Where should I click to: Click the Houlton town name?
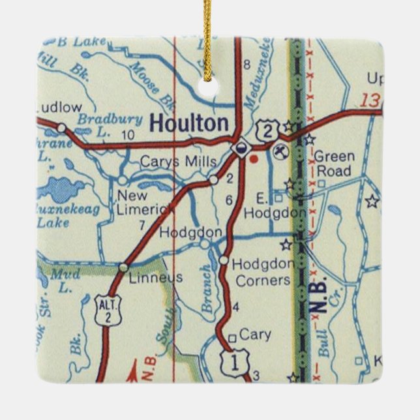coord(189,123)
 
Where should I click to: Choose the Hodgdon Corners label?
coord(262,272)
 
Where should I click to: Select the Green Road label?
coord(335,163)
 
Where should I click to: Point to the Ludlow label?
coord(60,107)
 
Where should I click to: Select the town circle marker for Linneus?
coord(123,267)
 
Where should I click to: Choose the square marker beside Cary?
coord(232,338)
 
